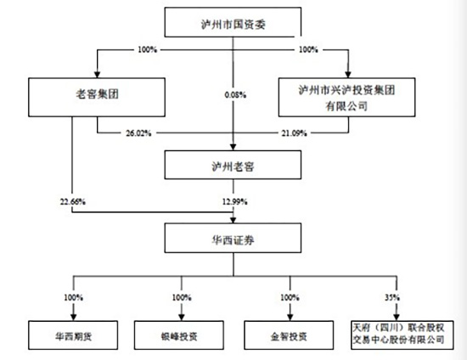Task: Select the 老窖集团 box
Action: coord(73,95)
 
